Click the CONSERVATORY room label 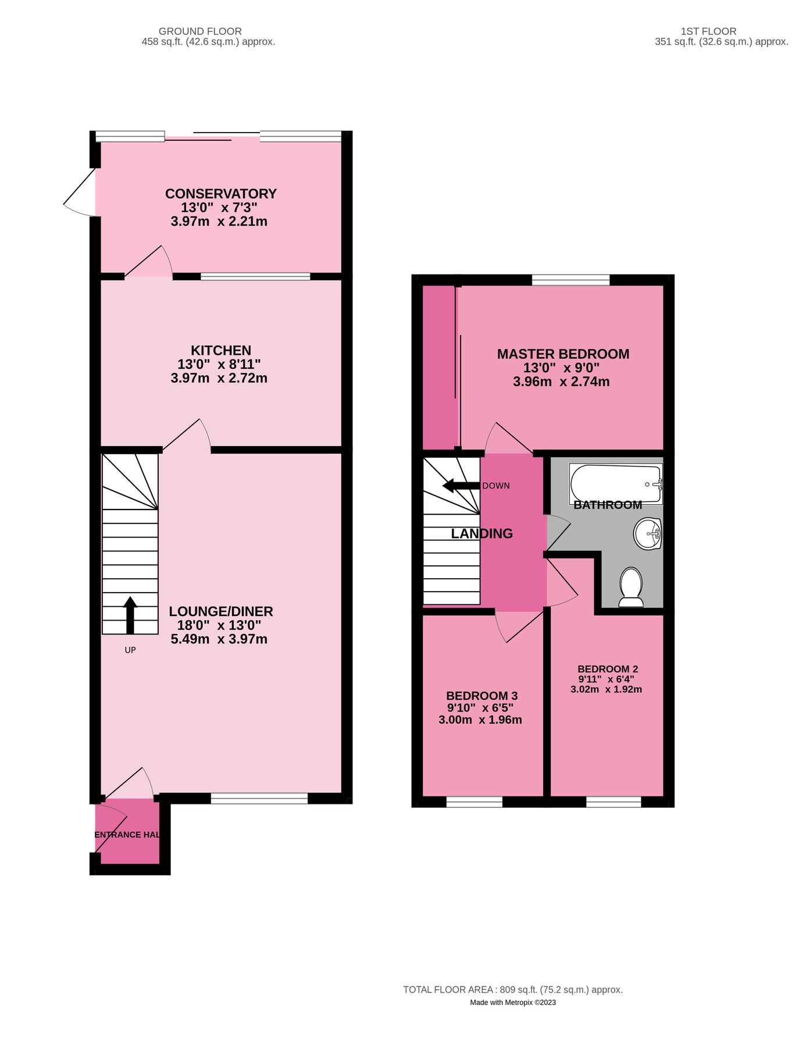pos(220,194)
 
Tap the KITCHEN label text pos(221,350)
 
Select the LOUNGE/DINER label pos(221,611)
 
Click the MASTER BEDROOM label pos(563,354)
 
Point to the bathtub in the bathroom pos(616,483)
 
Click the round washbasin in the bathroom pos(648,533)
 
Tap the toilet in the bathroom pos(631,586)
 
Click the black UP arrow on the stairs pos(130,615)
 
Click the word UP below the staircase pos(130,650)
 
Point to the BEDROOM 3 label pos(482,696)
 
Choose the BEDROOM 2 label pos(608,669)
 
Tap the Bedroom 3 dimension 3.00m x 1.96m pos(480,720)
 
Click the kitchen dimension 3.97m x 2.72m pos(219,378)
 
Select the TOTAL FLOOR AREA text pos(513,989)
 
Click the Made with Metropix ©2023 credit pos(513,1002)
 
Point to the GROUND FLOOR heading pos(200,31)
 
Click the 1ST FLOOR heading pos(708,31)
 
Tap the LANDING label pos(482,533)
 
